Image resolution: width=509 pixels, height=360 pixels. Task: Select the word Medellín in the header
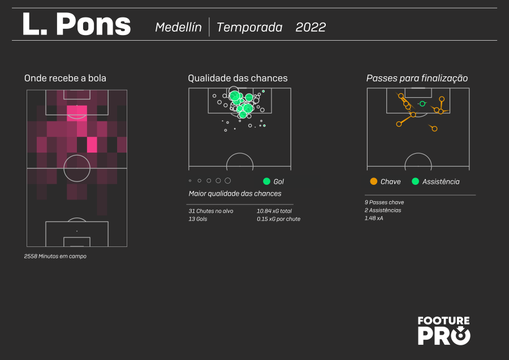(178, 27)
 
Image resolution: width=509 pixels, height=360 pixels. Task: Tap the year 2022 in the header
(310, 27)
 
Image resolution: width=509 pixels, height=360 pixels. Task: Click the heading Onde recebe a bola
(65, 78)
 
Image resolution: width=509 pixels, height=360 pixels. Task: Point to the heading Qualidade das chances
(238, 78)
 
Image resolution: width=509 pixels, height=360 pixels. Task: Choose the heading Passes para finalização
(417, 79)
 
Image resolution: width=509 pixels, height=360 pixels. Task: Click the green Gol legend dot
(266, 181)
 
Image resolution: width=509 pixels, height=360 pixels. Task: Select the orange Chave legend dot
(374, 181)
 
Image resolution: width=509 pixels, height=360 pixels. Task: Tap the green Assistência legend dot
(415, 181)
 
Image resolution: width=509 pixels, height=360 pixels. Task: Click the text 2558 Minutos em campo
(55, 256)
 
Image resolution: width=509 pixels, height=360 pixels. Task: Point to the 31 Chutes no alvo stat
(211, 211)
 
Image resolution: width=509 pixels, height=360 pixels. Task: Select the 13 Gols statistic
(198, 219)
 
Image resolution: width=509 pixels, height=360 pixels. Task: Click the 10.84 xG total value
(274, 211)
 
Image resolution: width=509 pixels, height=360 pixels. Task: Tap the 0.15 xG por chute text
(278, 219)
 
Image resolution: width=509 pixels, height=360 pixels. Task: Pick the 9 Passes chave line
(384, 202)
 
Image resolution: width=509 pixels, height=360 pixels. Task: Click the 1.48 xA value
(374, 218)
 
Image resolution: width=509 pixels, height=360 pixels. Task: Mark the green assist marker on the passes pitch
(422, 104)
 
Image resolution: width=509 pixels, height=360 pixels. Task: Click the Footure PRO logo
(444, 331)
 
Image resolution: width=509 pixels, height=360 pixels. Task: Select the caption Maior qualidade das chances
(235, 194)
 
